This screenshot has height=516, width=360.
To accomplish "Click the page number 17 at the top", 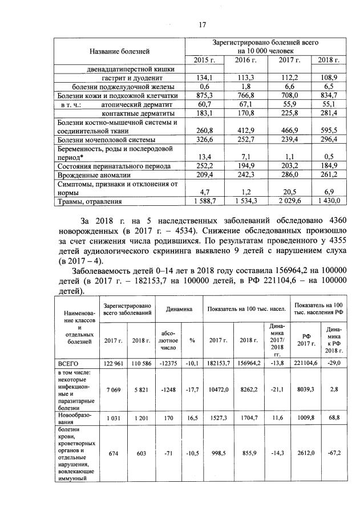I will coord(201,25).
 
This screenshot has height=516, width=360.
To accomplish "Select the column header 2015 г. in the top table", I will coord(204,60).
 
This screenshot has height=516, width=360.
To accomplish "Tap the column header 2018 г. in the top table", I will coord(328,60).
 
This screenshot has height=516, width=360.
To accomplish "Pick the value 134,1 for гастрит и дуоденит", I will coord(204,78).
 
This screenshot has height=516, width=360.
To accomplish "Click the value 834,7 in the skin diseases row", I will coord(328,95).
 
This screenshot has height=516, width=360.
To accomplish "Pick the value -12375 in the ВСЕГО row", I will coord(169,363).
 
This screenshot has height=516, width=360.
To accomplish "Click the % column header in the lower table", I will coord(192,340).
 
